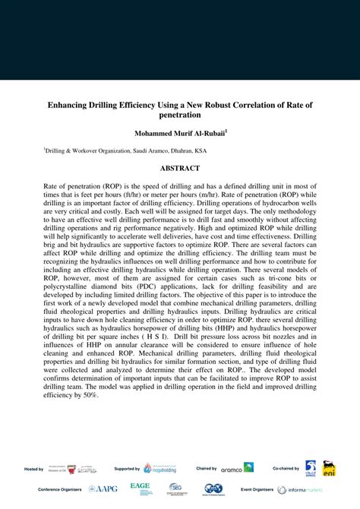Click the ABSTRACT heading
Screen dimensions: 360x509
(x=180, y=168)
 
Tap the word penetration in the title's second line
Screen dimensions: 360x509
(x=180, y=115)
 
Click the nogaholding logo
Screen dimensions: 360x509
(x=151, y=469)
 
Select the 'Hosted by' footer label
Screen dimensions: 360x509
(x=34, y=469)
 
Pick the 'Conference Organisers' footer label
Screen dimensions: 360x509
(x=58, y=490)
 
